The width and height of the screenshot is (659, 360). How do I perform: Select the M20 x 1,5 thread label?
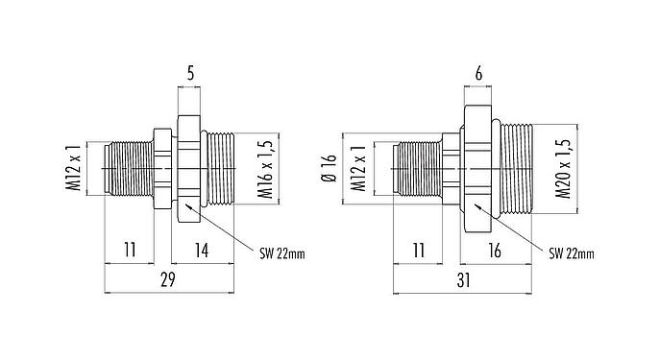tap(564, 167)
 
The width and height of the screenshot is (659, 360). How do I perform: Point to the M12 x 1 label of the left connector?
tap(73, 169)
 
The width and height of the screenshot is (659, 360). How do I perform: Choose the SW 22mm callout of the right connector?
tap(572, 253)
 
